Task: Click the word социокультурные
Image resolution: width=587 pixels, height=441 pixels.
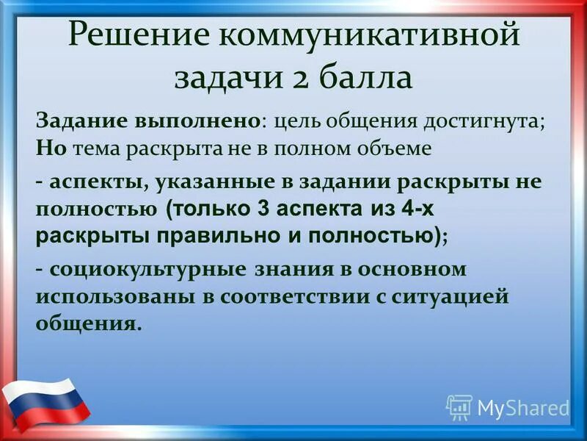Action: click(147, 269)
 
